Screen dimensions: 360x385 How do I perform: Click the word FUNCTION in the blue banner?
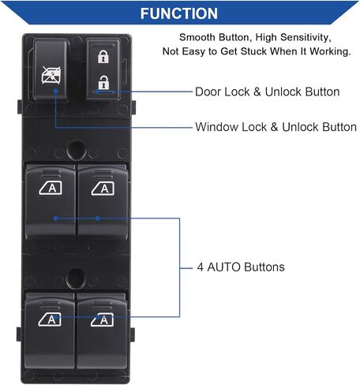[x=179, y=13]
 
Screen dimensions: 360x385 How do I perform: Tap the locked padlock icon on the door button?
[x=103, y=57]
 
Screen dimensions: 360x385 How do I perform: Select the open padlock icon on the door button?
[x=103, y=82]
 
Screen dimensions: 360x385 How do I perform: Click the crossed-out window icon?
[x=51, y=75]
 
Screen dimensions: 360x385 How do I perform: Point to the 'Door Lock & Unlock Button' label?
[x=267, y=92]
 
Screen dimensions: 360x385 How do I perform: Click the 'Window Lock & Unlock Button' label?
[x=276, y=127]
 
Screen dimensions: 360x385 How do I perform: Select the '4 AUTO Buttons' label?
[x=241, y=267]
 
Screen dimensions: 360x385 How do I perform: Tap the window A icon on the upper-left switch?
[x=51, y=188]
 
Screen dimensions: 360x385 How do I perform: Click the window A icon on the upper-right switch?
[x=103, y=189]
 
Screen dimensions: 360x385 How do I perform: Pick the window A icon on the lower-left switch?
[x=50, y=320]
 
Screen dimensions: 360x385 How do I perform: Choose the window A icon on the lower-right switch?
[x=102, y=320]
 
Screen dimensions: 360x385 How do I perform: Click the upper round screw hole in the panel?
[x=77, y=150]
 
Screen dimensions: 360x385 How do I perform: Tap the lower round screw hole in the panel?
[x=76, y=278]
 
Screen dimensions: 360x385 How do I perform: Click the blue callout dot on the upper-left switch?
[x=55, y=219]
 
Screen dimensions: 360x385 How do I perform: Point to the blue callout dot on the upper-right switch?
[x=98, y=219]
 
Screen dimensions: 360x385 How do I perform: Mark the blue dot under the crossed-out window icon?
[x=55, y=91]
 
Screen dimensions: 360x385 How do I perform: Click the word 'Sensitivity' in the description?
[x=306, y=37]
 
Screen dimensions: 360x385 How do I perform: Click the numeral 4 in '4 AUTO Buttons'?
[x=201, y=267]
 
